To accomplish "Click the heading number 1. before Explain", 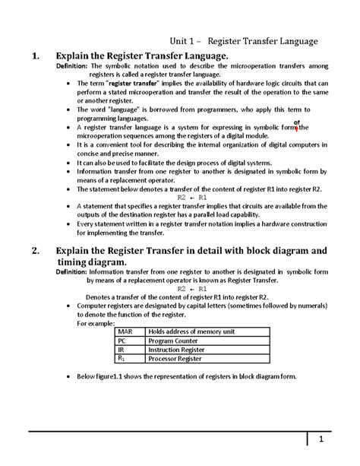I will pos(33,56).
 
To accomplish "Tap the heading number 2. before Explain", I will pos(33,251).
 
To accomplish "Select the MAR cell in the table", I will pos(125,331).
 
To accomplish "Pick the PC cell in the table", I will pos(121,341).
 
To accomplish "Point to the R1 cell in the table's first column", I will pos(122,358).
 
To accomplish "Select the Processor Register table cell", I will pos(175,358).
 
